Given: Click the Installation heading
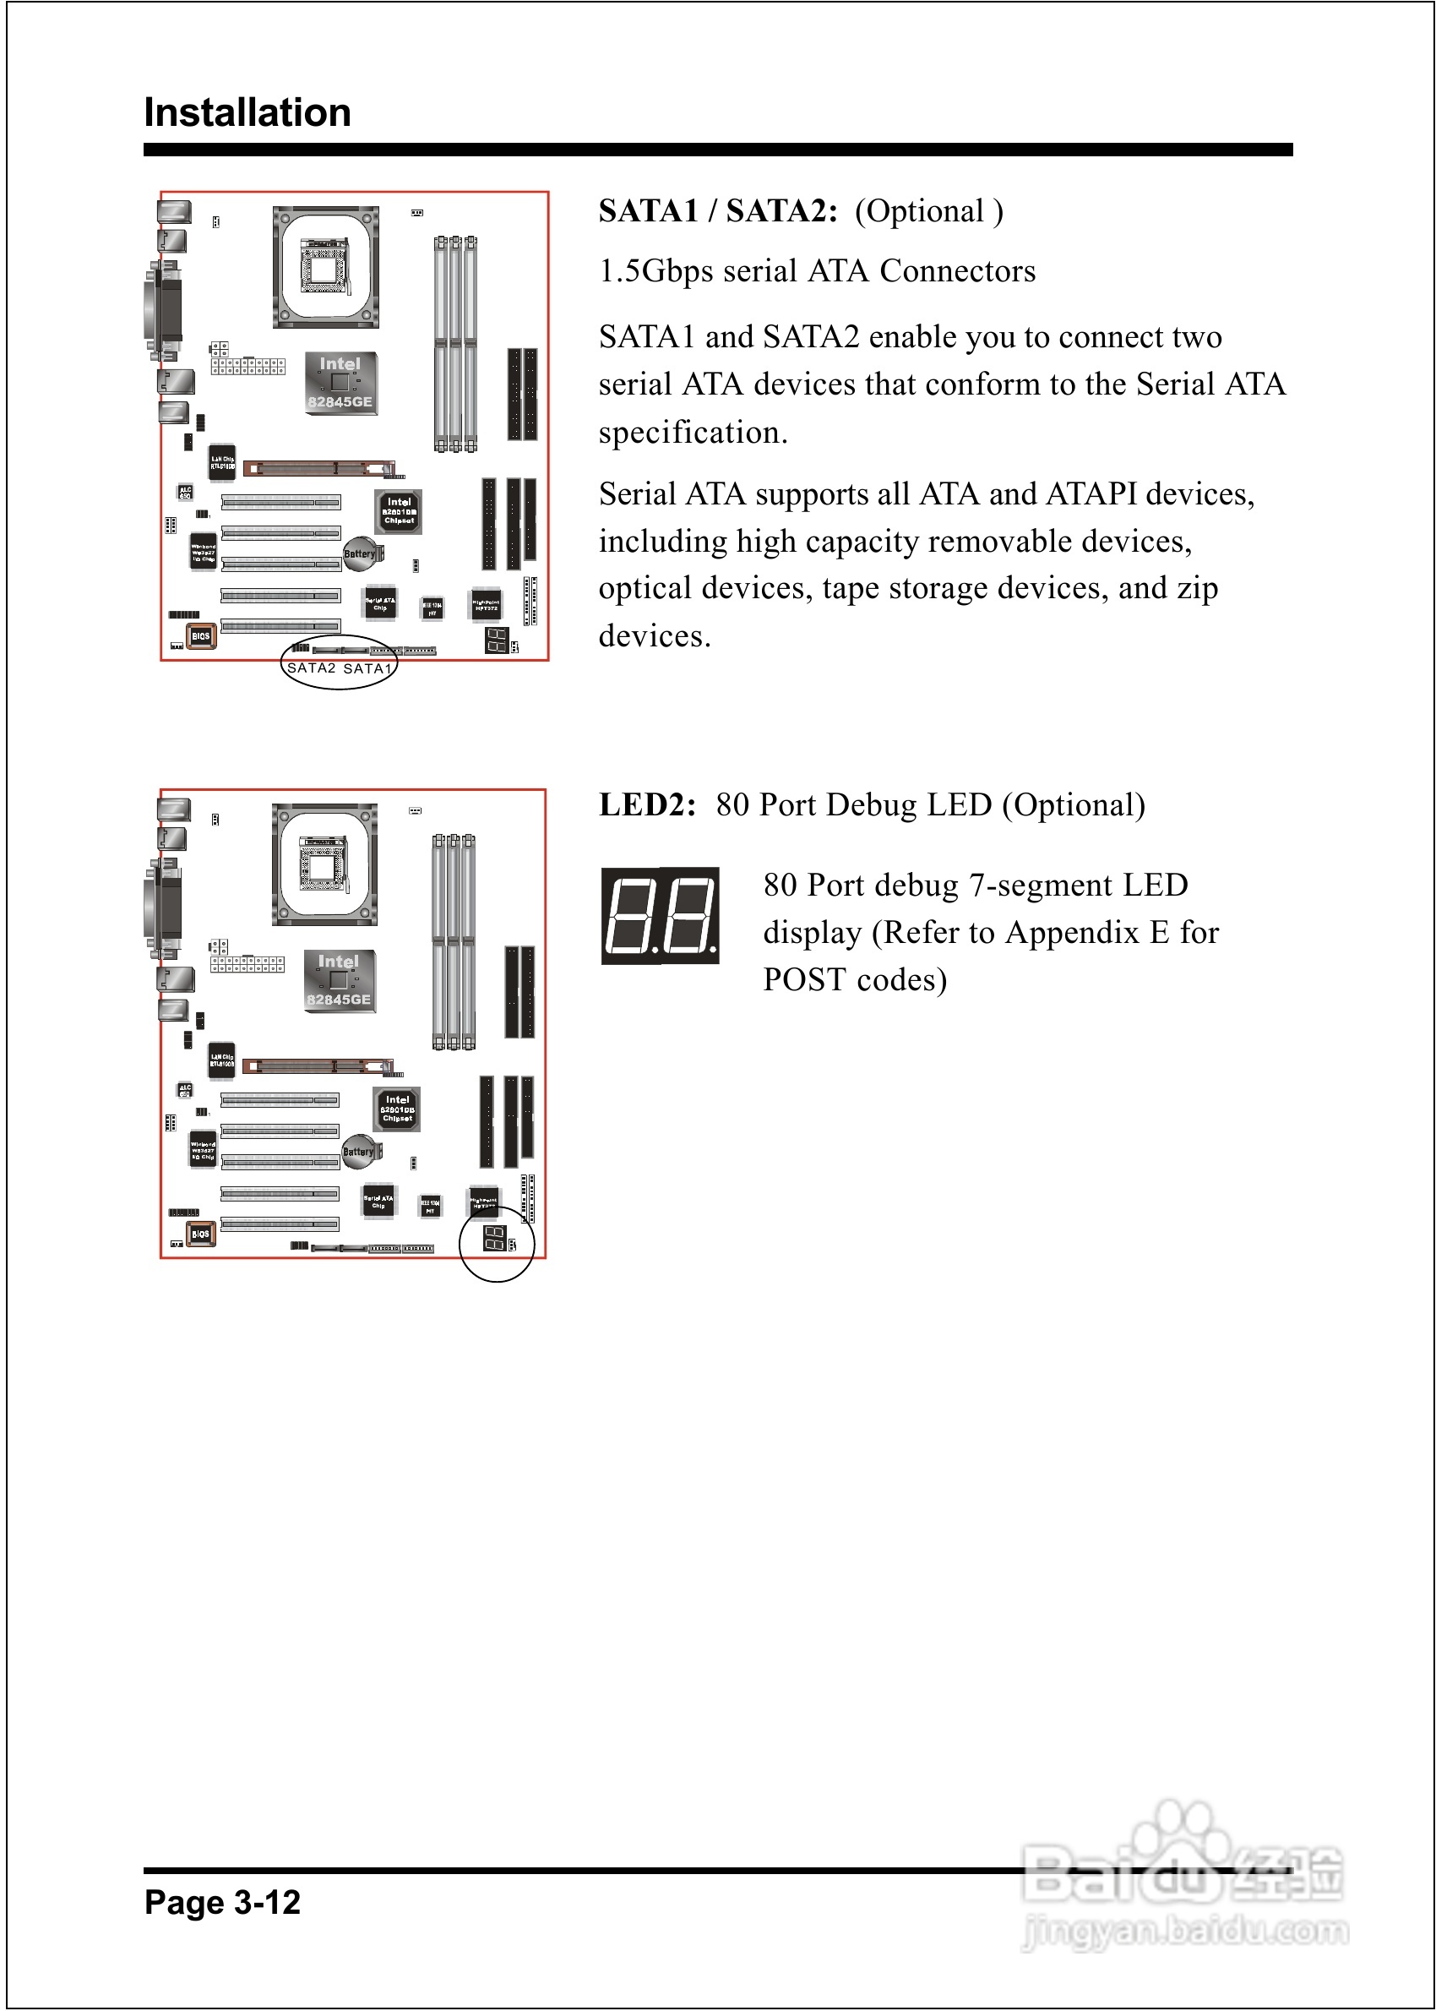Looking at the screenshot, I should coord(247,112).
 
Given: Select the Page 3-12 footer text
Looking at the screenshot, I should coord(222,1901).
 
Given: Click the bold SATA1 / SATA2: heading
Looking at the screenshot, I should coord(717,210).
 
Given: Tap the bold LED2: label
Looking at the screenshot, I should coord(647,804).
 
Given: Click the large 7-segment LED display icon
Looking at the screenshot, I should coord(660,915).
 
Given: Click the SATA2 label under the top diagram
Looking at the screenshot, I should coord(311,668).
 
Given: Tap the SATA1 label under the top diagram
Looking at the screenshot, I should coord(366,668).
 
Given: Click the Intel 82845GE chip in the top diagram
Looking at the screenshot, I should coord(340,383).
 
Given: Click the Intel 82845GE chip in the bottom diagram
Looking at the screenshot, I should coord(339,981).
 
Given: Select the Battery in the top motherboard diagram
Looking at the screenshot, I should coord(360,553).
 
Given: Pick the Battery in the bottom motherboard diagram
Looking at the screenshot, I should coord(359,1152).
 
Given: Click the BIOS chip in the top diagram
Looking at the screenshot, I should coord(201,636).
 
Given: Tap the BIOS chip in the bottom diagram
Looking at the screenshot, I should coord(201,1234).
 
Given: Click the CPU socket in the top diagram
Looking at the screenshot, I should coord(325,267).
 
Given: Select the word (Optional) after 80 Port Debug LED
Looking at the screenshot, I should coord(1074,804).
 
